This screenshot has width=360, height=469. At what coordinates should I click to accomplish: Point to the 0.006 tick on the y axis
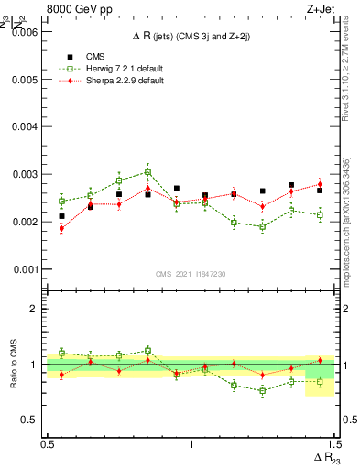[x=25, y=32]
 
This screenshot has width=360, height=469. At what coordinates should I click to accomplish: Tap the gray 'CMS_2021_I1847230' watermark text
[x=191, y=274]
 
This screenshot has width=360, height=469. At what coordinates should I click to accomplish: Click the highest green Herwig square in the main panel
[x=147, y=172]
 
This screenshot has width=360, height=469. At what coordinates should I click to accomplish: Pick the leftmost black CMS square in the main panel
[x=61, y=216]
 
